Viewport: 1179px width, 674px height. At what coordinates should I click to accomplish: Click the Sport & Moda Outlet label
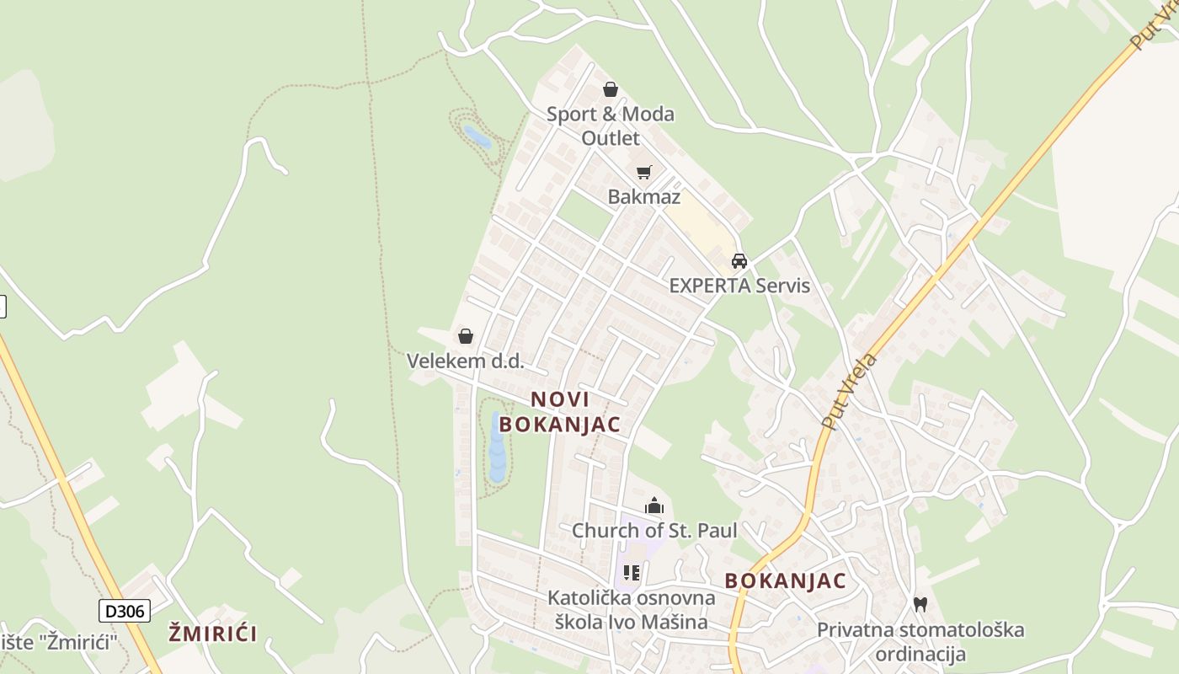611,126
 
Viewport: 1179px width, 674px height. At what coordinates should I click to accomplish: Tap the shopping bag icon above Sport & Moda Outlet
611,89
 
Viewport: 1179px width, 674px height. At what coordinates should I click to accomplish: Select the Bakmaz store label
644,196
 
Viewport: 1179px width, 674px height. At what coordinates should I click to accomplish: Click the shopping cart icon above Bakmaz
644,172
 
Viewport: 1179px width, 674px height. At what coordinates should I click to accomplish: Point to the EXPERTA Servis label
739,286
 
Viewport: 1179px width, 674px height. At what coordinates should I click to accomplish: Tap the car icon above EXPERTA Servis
739,260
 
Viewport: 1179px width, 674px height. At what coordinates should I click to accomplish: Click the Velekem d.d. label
465,361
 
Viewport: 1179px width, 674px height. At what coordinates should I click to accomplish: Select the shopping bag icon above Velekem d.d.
466,336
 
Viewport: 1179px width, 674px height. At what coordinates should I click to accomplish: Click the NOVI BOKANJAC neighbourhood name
560,412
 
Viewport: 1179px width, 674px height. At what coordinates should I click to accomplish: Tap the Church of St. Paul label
654,531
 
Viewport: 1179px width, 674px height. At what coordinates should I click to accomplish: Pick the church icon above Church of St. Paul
654,505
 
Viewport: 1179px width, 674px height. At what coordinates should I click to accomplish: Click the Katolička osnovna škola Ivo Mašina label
631,610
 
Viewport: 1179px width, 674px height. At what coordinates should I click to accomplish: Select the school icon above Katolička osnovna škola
632,574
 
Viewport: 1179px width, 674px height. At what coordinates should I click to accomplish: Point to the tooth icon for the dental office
920,604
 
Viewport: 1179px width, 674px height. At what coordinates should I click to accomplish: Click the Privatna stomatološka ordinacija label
920,641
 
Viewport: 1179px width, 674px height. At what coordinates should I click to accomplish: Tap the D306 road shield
125,611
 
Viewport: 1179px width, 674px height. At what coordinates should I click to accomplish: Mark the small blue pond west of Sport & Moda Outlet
477,136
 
